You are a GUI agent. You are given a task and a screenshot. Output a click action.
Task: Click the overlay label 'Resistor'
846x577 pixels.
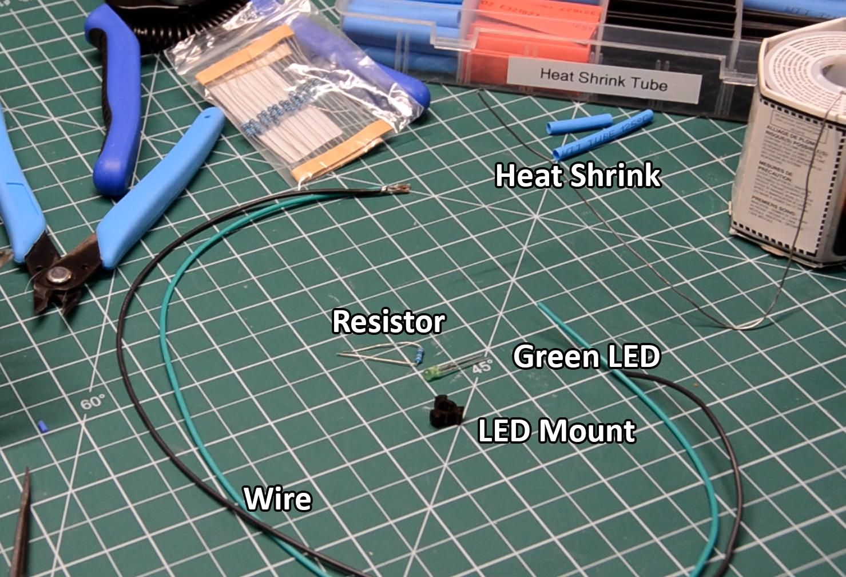(x=388, y=322)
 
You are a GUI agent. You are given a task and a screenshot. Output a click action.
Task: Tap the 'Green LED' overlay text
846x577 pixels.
(x=586, y=357)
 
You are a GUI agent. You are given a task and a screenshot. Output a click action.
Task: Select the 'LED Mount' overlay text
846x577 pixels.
(x=556, y=430)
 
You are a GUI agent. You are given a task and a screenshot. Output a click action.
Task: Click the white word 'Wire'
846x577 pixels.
(x=277, y=499)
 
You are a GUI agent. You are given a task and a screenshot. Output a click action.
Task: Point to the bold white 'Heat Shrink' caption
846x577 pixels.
(x=577, y=175)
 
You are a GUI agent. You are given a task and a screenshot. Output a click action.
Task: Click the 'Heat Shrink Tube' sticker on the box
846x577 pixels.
(x=603, y=79)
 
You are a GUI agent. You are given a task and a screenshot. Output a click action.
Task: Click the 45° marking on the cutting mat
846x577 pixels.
(x=482, y=367)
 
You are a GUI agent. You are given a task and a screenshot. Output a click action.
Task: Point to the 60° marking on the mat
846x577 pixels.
(x=93, y=401)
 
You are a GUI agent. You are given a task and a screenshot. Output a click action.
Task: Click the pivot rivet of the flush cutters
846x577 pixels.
(x=56, y=275)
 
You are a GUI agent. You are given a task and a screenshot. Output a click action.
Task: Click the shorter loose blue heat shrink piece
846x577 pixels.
(x=578, y=124)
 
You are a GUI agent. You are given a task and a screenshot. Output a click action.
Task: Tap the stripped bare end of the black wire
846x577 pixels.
(x=397, y=188)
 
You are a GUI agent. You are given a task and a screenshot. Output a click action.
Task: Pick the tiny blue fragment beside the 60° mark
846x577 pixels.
(x=41, y=426)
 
